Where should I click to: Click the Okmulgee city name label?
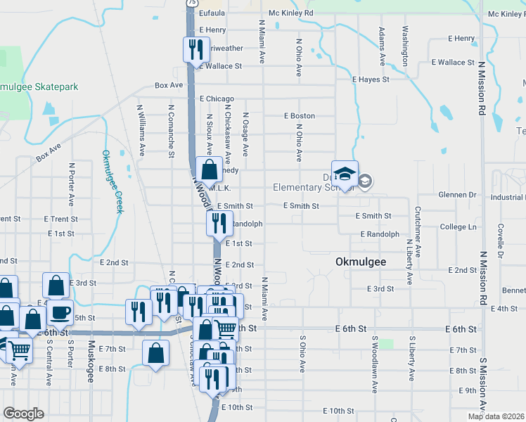(359, 262)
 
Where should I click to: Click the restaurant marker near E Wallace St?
(195, 49)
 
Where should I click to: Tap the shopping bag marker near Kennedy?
(209, 169)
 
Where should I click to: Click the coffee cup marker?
(61, 310)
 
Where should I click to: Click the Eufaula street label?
(212, 13)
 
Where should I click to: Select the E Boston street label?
(299, 115)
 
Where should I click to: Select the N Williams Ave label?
(142, 130)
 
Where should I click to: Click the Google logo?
(24, 414)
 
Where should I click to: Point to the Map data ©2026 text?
(496, 416)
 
